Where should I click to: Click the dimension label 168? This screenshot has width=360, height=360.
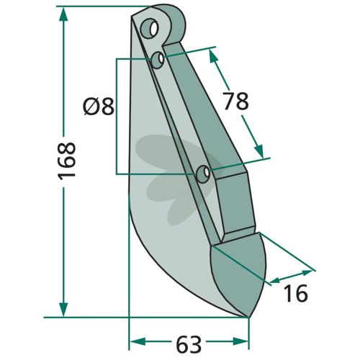[x=67, y=161]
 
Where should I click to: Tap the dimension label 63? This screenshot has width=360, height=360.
[x=189, y=345]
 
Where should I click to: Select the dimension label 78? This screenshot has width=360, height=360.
[x=236, y=101]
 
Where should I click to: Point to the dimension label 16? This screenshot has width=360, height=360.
[x=295, y=293]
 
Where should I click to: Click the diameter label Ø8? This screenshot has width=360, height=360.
[x=99, y=107]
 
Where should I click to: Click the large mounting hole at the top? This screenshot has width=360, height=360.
[x=149, y=28]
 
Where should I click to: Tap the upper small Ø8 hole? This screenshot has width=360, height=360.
[x=158, y=60]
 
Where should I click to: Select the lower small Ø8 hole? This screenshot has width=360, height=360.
[x=203, y=174]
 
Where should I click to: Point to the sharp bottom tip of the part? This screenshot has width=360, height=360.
[x=248, y=317]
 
